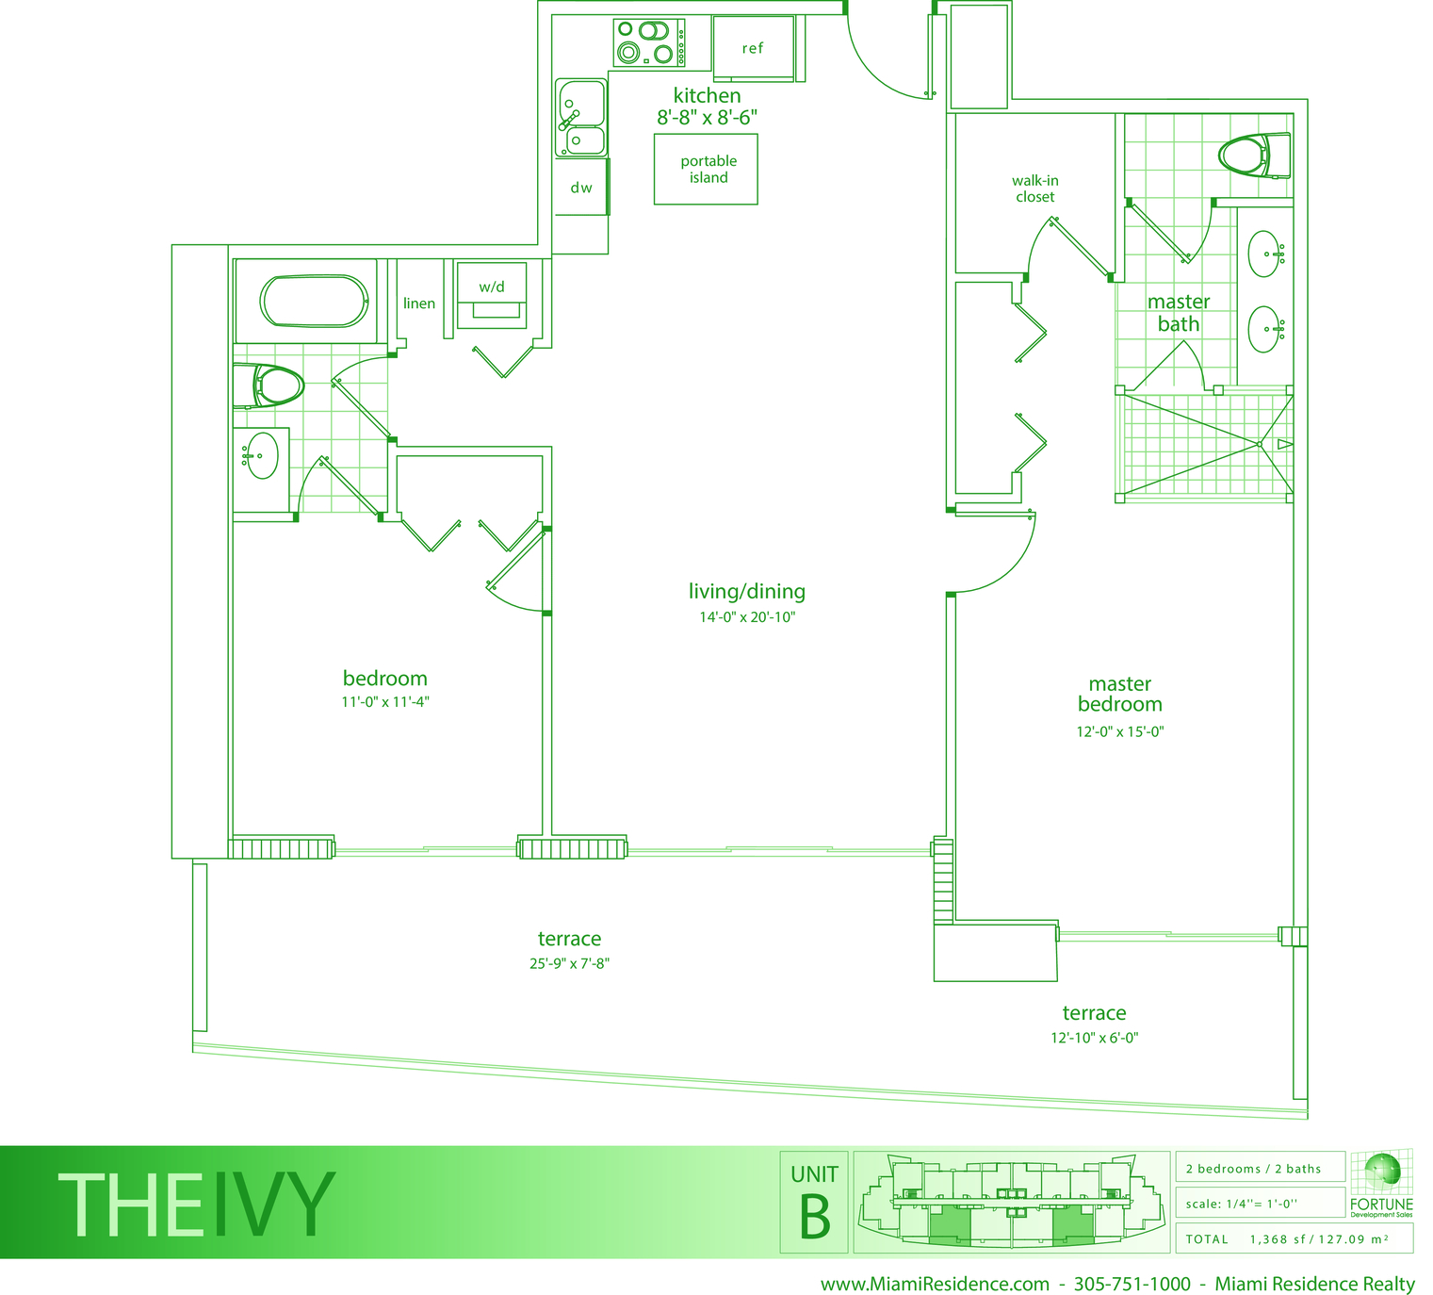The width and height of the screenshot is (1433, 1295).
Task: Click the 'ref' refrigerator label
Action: [752, 49]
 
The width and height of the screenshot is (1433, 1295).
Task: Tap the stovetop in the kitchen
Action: [649, 42]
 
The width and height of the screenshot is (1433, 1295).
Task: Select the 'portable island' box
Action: [706, 170]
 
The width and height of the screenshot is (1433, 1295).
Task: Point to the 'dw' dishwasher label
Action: [580, 188]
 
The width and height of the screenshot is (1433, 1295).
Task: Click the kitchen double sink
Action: [580, 117]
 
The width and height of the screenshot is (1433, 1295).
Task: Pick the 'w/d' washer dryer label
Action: [492, 287]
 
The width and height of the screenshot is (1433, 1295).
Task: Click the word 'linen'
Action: [418, 303]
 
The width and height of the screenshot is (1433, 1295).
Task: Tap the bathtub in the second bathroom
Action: [315, 301]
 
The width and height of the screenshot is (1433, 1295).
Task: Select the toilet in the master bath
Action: [1255, 156]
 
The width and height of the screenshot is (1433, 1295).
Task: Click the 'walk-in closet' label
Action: [1035, 189]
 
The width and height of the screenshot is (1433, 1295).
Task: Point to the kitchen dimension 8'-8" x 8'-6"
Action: [708, 117]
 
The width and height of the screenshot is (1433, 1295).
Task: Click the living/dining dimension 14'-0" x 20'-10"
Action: [747, 616]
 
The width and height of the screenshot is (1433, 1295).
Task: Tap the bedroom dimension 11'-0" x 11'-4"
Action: [385, 702]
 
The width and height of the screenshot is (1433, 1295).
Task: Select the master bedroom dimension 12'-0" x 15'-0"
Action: [1120, 731]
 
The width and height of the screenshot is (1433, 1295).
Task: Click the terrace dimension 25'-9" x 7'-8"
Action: [569, 963]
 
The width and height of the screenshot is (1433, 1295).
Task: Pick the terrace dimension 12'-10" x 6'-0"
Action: [1095, 1038]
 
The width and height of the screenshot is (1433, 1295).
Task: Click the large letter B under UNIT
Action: [815, 1217]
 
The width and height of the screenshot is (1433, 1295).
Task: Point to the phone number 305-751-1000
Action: [1132, 1284]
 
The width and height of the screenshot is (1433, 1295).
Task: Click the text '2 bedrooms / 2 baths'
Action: [1254, 1170]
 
